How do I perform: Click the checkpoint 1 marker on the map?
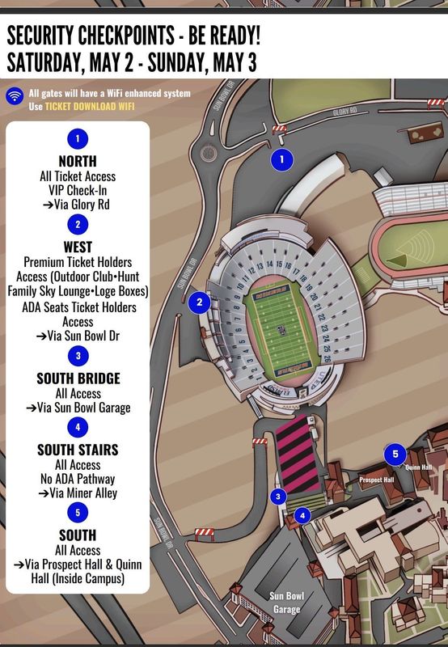click(x=281, y=159)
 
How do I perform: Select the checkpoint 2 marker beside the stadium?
click(x=199, y=303)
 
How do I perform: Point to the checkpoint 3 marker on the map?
click(x=278, y=497)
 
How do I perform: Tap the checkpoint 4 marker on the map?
click(x=302, y=514)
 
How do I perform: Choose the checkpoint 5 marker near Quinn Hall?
click(x=395, y=454)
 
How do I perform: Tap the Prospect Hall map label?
click(x=376, y=480)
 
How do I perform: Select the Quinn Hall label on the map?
click(x=419, y=467)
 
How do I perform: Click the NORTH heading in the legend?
click(x=78, y=161)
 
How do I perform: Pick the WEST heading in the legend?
click(x=78, y=247)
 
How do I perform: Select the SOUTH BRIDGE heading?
click(x=78, y=378)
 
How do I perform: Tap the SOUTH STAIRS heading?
click(x=78, y=449)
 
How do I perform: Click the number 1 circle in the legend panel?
click(x=78, y=138)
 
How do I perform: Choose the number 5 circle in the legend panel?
click(x=78, y=512)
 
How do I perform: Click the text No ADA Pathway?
click(x=78, y=479)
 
